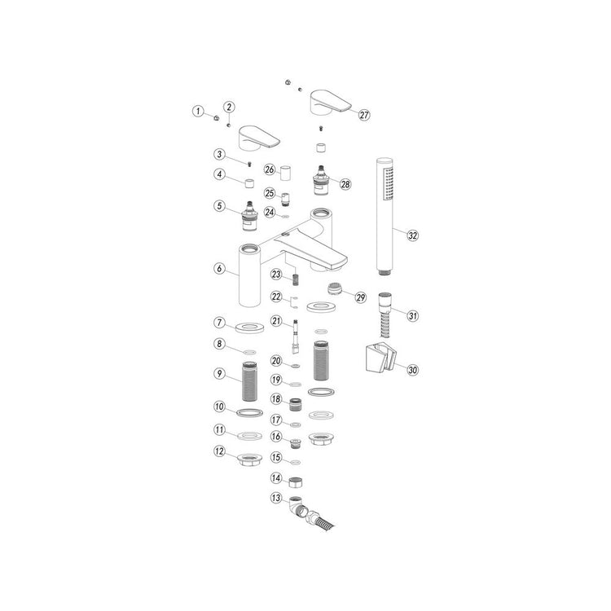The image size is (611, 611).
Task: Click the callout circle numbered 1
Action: coord(198,111)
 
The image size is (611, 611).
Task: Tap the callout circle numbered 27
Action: coord(364,115)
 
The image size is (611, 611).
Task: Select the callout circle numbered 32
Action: coord(413,235)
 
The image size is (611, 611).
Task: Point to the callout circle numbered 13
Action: coord(276,498)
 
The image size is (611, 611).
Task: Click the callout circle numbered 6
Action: coord(220,268)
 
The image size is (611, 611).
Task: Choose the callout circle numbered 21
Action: coord(276,321)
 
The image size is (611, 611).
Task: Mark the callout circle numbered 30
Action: coord(413,370)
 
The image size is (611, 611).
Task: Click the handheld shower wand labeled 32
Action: coord(385,216)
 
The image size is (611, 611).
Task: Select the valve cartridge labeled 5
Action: coord(250,216)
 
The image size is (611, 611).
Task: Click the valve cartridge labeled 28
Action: coord(321,181)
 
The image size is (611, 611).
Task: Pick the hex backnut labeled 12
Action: coord(250,459)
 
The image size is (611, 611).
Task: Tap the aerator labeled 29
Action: coord(335,288)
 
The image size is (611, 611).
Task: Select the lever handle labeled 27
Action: coord(330,102)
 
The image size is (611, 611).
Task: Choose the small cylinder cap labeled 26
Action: coord(286,173)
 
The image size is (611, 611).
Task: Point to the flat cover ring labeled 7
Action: coord(250,327)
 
